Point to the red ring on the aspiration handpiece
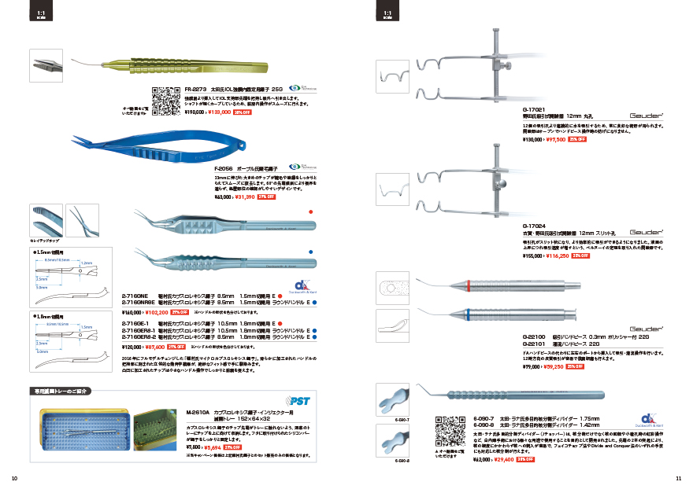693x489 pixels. [469, 284]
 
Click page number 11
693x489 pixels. [678, 478]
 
